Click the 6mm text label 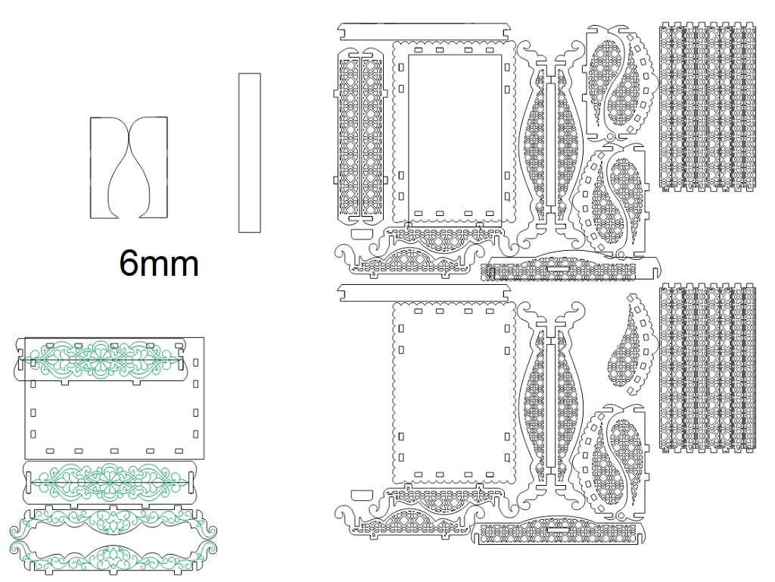(x=159, y=263)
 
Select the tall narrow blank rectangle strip (x=250, y=153)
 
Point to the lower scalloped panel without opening (x=454, y=394)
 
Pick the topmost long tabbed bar (x=424, y=31)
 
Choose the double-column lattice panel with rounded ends (x=361, y=135)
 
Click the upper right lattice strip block (x=708, y=106)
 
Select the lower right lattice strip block (x=708, y=368)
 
